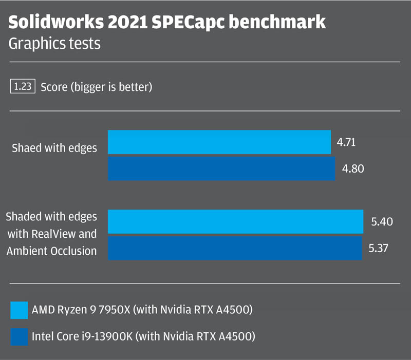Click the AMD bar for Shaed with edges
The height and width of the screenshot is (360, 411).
click(x=219, y=142)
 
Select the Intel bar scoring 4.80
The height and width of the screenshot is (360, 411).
click(x=221, y=168)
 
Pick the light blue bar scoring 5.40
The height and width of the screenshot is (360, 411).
click(x=235, y=222)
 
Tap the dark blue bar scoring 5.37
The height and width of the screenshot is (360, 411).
click(x=234, y=248)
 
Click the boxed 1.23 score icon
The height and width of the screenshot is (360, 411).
click(x=23, y=87)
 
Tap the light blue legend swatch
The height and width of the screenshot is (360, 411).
click(x=19, y=310)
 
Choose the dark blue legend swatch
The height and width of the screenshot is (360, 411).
click(x=19, y=337)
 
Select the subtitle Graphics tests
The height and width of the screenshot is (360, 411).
click(x=54, y=44)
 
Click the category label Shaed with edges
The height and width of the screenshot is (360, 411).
click(x=54, y=148)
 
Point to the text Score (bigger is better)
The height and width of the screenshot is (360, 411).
click(x=96, y=87)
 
